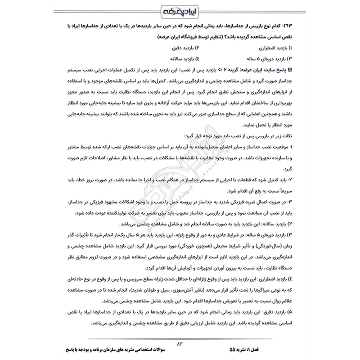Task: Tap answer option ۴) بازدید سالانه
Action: [x=178, y=58]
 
